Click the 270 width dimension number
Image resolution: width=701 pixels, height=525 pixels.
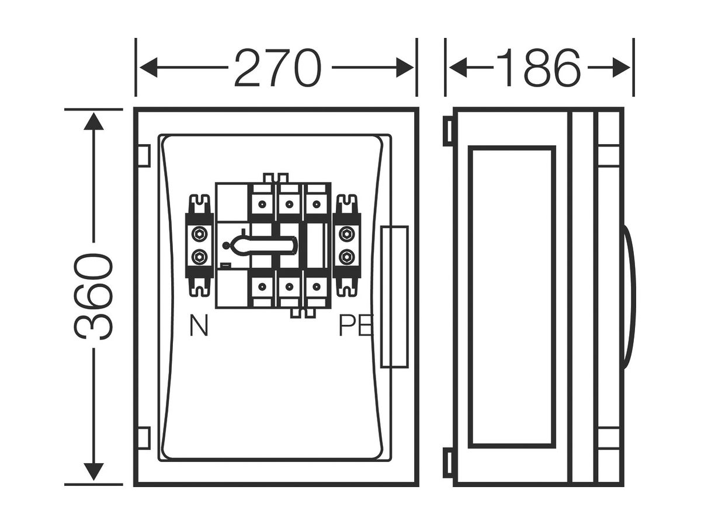[278, 68]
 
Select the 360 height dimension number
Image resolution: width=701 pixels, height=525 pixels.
[93, 296]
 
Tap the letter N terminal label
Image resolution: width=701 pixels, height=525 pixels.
[199, 325]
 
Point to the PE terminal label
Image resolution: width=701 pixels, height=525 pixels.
[355, 325]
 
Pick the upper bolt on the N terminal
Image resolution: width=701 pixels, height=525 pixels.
[200, 235]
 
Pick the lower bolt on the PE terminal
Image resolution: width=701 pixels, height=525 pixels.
[347, 256]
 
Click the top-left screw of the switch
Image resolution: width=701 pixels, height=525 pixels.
[262, 204]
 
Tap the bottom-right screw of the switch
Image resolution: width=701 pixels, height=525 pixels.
[316, 286]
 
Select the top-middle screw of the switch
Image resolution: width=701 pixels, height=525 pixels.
[289, 204]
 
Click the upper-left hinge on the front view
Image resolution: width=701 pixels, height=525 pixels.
[144, 156]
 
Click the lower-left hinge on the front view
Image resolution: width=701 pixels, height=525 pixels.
[144, 438]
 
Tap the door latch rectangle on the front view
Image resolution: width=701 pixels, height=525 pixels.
[395, 297]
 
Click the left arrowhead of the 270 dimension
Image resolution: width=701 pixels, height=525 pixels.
[148, 68]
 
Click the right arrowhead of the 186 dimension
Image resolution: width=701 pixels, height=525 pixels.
[621, 68]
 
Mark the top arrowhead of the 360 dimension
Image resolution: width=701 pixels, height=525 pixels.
[93, 121]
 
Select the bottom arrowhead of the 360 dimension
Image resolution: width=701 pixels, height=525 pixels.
[93, 472]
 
